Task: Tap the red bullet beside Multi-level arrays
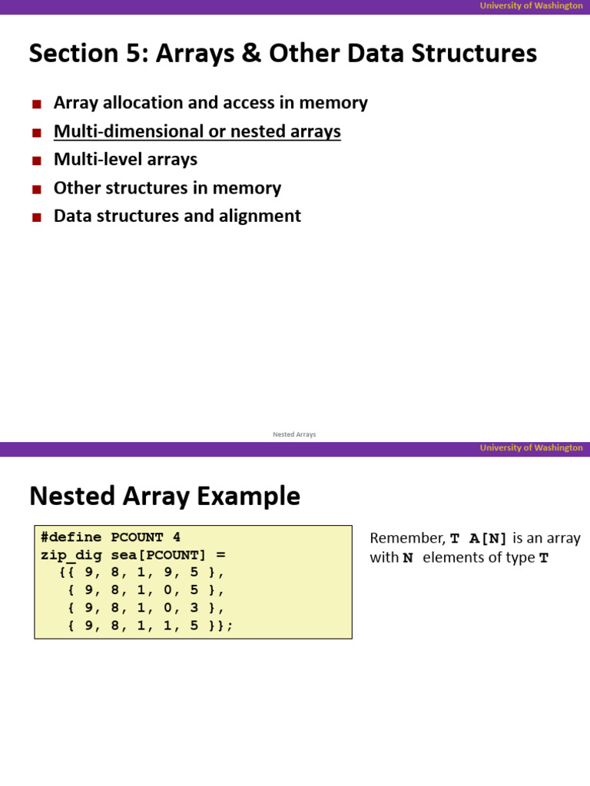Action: (x=36, y=160)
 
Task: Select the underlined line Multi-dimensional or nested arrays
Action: (x=197, y=131)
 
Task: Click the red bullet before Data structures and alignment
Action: (x=36, y=217)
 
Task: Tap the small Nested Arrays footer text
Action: (x=294, y=434)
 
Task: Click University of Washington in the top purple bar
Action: (x=531, y=5)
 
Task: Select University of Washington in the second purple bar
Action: (x=531, y=447)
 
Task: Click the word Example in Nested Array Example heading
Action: (x=254, y=497)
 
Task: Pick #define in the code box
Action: (x=71, y=537)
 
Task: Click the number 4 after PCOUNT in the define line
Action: (x=176, y=537)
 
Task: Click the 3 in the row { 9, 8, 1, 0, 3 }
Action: (x=194, y=608)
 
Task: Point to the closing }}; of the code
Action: (x=220, y=626)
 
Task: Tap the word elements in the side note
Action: (x=467, y=558)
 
